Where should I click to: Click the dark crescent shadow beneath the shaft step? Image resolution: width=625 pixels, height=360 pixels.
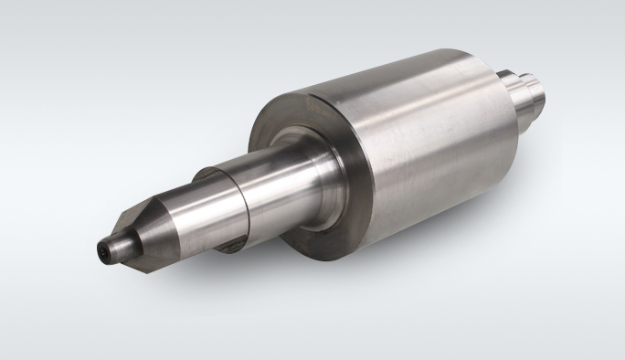tap(235, 239)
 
